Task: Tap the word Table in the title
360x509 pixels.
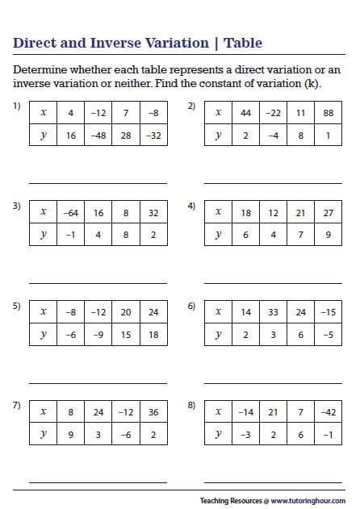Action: (x=243, y=44)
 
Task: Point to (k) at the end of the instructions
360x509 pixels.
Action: (x=312, y=83)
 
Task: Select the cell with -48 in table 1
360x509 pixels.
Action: (x=98, y=135)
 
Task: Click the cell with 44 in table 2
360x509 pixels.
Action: (x=246, y=113)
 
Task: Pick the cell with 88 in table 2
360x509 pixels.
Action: (x=329, y=113)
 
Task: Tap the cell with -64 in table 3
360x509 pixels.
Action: (x=71, y=212)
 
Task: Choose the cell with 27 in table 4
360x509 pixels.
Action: (x=329, y=212)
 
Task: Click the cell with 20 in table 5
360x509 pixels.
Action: (x=126, y=312)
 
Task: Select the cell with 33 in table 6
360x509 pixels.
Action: (x=274, y=312)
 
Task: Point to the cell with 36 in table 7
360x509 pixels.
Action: (x=153, y=412)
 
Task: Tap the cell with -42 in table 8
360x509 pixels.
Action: (x=329, y=412)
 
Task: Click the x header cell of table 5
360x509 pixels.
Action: (x=44, y=312)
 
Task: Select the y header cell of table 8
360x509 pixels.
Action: (x=218, y=434)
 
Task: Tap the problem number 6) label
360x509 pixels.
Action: (x=191, y=306)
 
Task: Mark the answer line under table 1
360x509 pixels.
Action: (x=98, y=183)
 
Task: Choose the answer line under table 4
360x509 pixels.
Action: (x=273, y=283)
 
